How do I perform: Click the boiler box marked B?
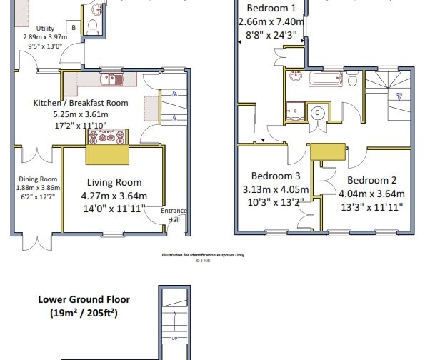[73, 27]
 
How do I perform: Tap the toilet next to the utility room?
[91, 26]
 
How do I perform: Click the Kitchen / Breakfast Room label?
[81, 103]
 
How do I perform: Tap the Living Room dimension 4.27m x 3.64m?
[114, 196]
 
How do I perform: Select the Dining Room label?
[37, 179]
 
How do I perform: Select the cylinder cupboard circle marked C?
[317, 112]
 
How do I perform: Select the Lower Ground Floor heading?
[84, 300]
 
